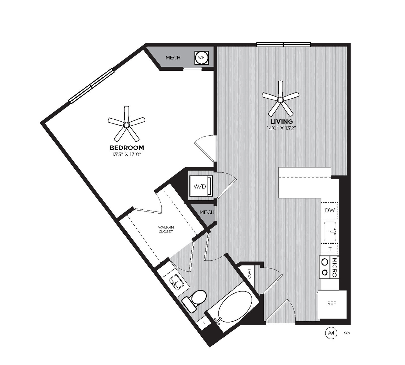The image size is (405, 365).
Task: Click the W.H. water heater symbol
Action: [202, 58]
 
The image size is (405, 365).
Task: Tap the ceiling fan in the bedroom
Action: [126, 125]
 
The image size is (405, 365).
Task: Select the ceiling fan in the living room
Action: [280, 100]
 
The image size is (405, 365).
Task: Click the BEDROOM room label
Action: [127, 148]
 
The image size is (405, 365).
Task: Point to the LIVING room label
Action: [281, 121]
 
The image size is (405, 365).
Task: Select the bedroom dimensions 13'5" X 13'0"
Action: [127, 154]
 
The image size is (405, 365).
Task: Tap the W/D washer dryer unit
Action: [201, 186]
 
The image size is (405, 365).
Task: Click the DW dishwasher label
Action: [330, 210]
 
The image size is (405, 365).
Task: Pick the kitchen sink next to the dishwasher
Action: [330, 232]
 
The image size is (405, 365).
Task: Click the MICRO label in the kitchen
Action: [334, 267]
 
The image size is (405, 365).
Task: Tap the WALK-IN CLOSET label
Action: [166, 230]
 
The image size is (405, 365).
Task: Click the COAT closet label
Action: [249, 273]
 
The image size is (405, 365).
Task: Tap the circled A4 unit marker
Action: [331, 333]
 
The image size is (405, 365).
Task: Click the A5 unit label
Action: [347, 333]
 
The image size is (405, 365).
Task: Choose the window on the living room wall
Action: [283, 45]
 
